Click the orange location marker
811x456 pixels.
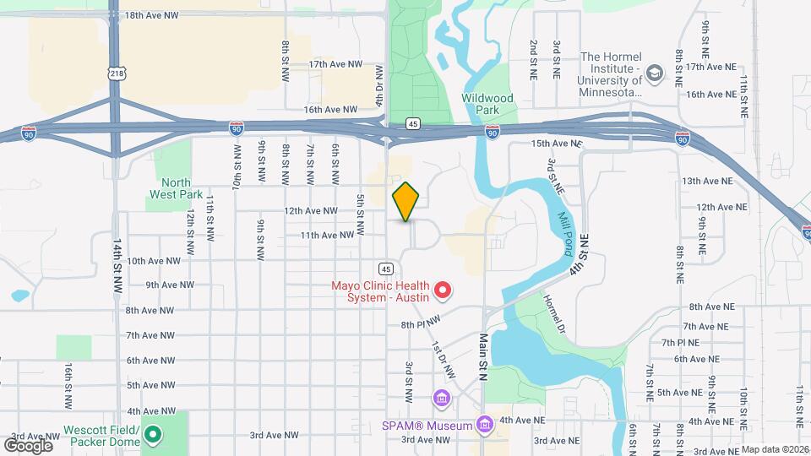(406, 202)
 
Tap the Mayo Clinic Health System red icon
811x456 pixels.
(442, 292)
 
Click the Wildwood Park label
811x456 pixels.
(487, 104)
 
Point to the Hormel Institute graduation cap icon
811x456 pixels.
(653, 74)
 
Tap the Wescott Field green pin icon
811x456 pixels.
(153, 435)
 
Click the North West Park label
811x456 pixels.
(176, 188)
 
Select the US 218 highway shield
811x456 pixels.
(117, 74)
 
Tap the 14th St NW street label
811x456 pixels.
(117, 265)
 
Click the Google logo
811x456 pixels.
(28, 445)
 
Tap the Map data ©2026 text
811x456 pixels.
(775, 449)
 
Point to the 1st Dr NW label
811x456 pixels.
(444, 360)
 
